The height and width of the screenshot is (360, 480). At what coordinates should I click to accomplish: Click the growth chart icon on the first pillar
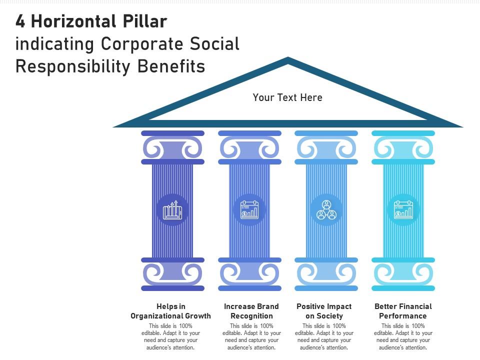[172, 210]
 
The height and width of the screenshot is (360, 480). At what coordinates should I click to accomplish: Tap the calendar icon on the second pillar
[249, 210]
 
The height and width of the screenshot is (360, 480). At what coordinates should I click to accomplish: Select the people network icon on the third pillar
[326, 210]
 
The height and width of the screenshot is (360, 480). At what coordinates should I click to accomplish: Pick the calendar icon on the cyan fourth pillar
[403, 210]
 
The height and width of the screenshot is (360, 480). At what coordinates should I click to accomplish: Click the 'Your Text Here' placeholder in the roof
[287, 97]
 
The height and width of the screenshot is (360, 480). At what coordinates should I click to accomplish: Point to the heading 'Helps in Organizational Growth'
[171, 311]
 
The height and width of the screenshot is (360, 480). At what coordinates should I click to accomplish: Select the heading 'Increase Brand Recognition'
[251, 311]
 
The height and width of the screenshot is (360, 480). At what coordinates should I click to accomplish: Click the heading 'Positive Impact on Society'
[324, 311]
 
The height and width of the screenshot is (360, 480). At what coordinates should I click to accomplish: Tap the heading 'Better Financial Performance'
[403, 311]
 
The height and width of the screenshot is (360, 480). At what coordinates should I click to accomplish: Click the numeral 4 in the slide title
[20, 22]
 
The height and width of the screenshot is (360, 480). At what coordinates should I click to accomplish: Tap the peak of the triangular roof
[288, 59]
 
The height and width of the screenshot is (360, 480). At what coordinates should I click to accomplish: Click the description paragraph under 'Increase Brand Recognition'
[251, 336]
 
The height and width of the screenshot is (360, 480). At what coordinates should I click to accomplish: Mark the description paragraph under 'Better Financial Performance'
[403, 336]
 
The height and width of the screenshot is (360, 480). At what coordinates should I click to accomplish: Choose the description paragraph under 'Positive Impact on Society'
[324, 336]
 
